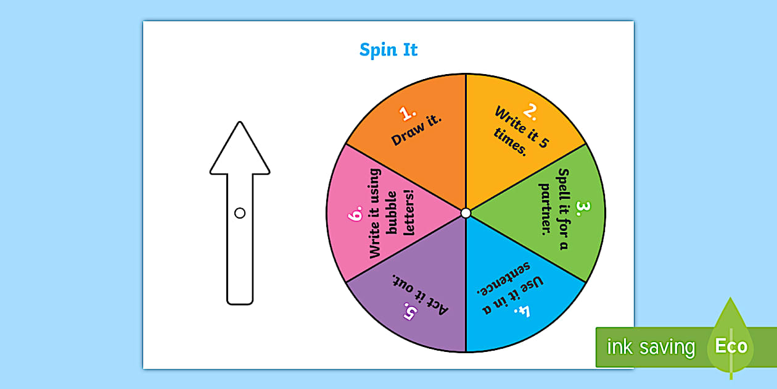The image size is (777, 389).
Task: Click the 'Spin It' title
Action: click(x=388, y=50)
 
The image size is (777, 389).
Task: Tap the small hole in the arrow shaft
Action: click(x=240, y=213)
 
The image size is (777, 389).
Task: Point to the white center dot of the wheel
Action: click(x=466, y=213)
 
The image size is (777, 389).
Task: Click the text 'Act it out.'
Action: click(x=420, y=293)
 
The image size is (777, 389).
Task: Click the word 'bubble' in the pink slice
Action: click(x=392, y=214)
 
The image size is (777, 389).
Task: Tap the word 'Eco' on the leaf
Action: click(x=731, y=346)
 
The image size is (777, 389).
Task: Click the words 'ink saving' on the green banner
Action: click(x=651, y=348)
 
